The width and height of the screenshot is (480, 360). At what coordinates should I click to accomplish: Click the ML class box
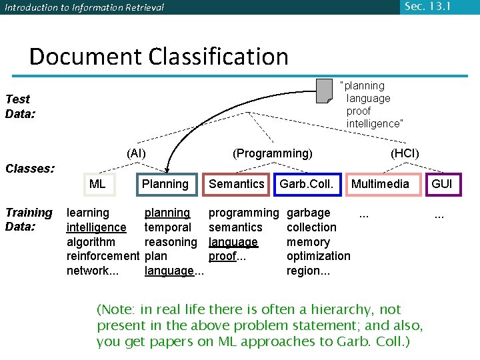click(x=99, y=184)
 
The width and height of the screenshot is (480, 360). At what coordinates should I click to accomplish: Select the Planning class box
click(x=166, y=184)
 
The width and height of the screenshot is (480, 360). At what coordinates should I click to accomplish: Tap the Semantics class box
click(x=237, y=184)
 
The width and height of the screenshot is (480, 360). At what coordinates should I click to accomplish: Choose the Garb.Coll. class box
click(x=307, y=184)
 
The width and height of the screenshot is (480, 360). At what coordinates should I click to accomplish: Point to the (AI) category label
click(x=136, y=153)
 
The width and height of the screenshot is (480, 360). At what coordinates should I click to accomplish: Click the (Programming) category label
click(x=272, y=153)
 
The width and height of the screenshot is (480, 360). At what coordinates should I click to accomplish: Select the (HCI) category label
click(x=405, y=153)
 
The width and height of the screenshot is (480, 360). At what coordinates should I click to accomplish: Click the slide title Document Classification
click(x=159, y=56)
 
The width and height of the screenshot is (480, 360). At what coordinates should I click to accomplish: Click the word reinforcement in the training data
click(x=103, y=256)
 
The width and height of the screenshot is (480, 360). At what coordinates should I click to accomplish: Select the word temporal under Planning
click(x=167, y=227)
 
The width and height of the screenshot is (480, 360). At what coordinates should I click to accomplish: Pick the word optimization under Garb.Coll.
click(x=318, y=256)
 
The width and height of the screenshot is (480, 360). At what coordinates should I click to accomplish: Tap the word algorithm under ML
click(x=91, y=242)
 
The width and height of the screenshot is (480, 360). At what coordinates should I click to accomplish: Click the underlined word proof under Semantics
click(x=223, y=256)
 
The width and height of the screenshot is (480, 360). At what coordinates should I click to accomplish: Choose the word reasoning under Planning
click(x=171, y=242)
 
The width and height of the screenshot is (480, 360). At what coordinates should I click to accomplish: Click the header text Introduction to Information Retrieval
click(x=84, y=8)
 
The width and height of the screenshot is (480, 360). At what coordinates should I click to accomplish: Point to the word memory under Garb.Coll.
click(x=308, y=242)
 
